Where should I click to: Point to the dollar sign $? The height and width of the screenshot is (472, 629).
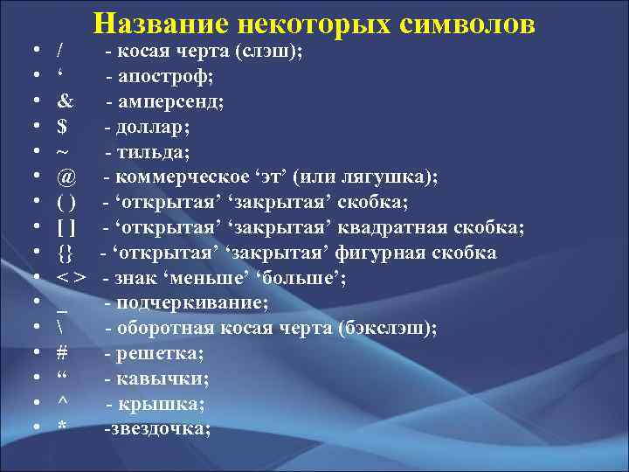[61, 127]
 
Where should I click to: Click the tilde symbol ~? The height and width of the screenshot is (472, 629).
[62, 152]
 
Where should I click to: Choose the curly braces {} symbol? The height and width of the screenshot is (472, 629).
[65, 253]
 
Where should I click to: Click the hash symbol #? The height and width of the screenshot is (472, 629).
[61, 354]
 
